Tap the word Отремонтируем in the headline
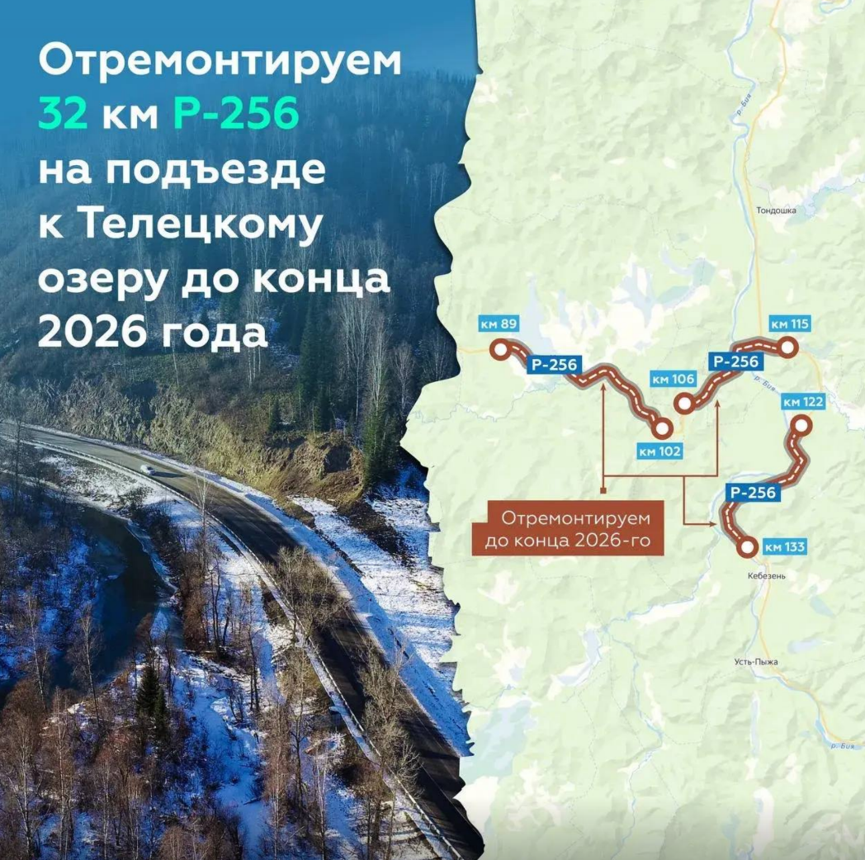click(x=220, y=63)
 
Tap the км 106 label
click(x=673, y=379)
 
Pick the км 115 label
click(x=788, y=324)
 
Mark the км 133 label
click(x=784, y=546)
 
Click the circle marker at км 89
click(x=500, y=349)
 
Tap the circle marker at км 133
click(x=747, y=546)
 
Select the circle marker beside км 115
click(x=788, y=348)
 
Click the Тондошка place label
click(x=776, y=210)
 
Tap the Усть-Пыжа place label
click(x=755, y=662)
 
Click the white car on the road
click(x=146, y=470)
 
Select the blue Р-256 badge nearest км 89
click(x=554, y=363)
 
